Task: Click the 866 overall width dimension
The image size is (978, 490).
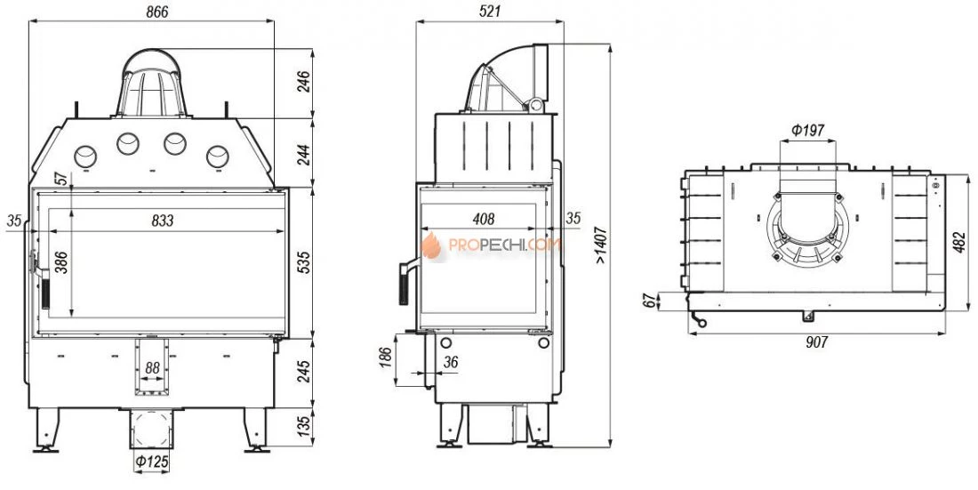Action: coord(156,12)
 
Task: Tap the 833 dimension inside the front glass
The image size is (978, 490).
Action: coord(162,221)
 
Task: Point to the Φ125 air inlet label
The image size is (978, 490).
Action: coord(151,462)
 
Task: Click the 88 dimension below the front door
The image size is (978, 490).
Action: coord(152,369)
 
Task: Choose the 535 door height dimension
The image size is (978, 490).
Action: coord(304,263)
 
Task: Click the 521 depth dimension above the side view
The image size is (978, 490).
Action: coord(491,12)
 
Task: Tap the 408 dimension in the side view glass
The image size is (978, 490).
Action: coord(484,219)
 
